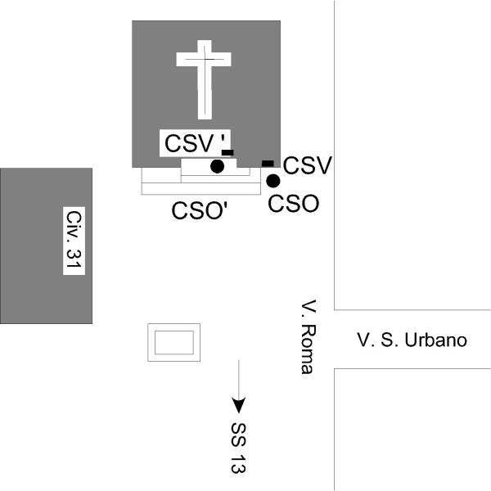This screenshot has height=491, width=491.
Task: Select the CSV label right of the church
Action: click(307, 166)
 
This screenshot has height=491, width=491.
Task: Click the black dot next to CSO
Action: click(273, 181)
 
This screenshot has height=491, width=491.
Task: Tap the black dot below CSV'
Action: click(217, 166)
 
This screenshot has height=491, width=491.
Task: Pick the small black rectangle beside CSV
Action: click(268, 164)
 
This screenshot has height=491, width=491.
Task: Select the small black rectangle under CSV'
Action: click(227, 152)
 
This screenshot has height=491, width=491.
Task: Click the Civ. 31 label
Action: click(75, 241)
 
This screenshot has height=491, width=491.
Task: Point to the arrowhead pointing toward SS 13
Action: click(238, 404)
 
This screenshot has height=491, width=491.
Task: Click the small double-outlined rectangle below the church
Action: click(173, 342)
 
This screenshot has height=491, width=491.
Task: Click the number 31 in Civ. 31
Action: click(75, 259)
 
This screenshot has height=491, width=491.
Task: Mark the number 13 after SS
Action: click(239, 462)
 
